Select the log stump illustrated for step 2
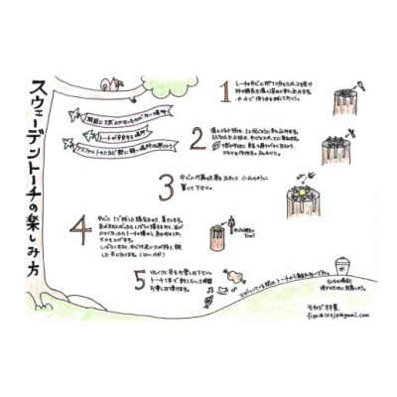337,149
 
